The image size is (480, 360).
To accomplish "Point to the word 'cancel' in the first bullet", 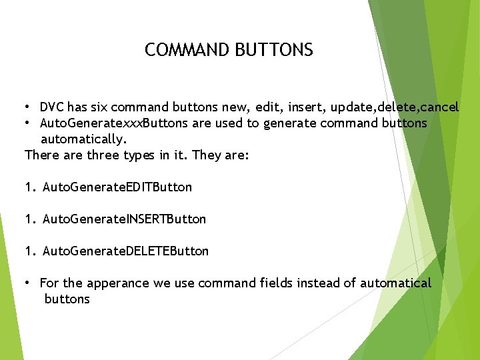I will pos(439,107).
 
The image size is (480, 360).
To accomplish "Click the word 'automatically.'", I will pos(83,139).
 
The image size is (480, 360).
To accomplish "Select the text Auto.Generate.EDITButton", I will pos(117,187).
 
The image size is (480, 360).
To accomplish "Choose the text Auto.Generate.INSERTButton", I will pos(125,219).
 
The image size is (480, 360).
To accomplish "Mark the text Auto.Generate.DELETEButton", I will pos(125,251).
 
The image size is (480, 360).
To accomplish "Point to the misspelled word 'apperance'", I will pos(118,283).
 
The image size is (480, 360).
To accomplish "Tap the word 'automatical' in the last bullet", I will pos(396,283).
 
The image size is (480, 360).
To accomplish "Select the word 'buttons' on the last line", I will pos(67,299).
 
